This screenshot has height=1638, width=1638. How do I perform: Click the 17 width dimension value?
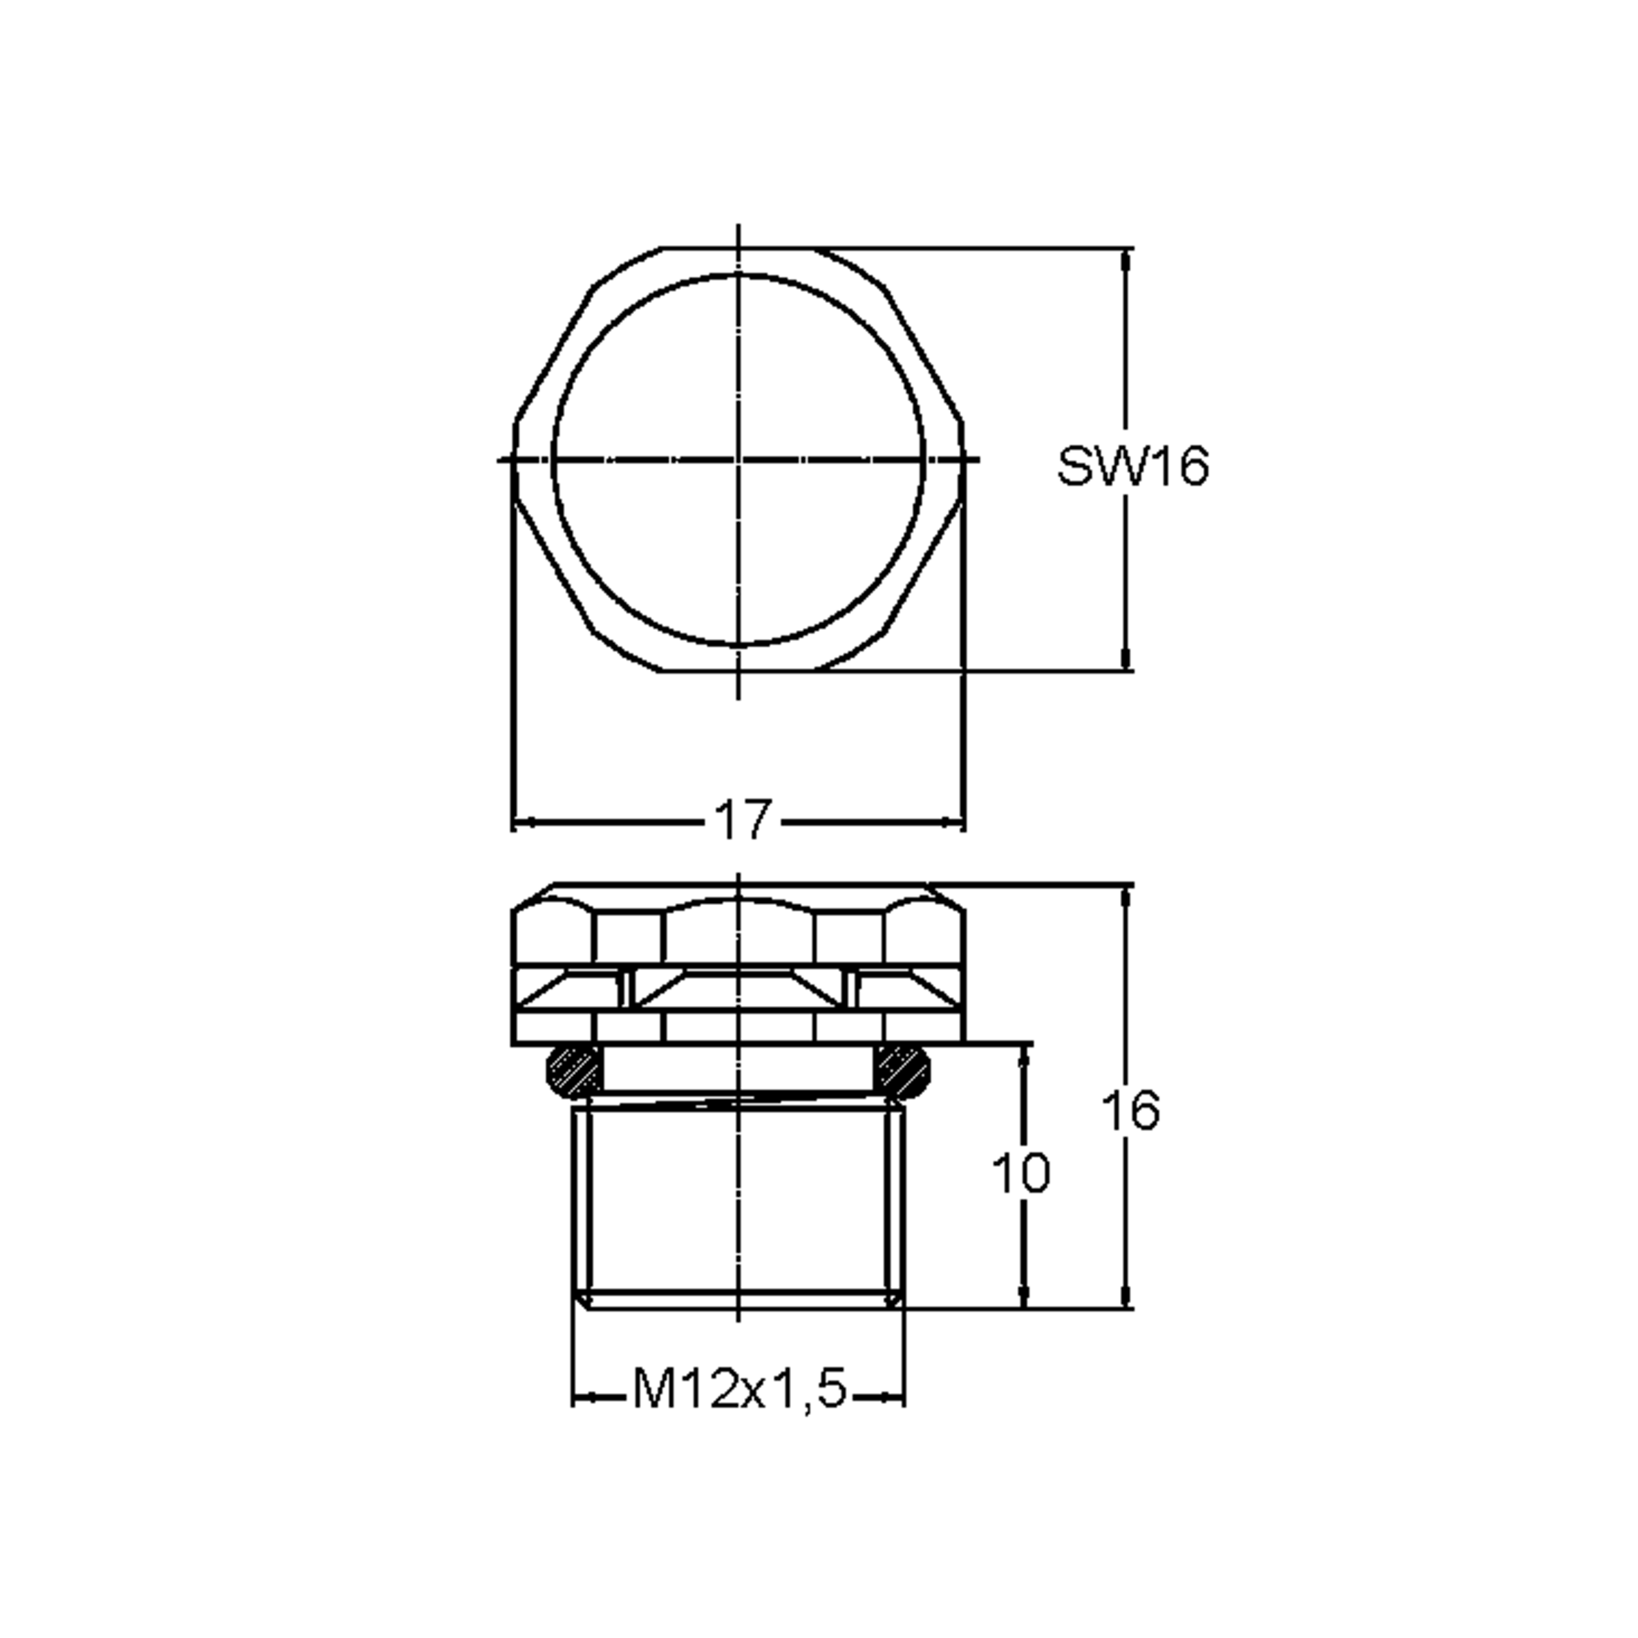pyautogui.click(x=743, y=820)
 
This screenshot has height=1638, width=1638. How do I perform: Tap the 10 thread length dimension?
pyautogui.click(x=1021, y=1174)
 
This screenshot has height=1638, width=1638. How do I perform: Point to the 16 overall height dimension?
pyautogui.click(x=1130, y=1110)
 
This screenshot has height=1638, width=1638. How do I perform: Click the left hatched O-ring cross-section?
pyautogui.click(x=573, y=1071)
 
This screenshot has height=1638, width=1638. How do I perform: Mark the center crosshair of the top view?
pyautogui.click(x=738, y=459)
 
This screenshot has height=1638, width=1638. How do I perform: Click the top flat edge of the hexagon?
pyautogui.click(x=738, y=248)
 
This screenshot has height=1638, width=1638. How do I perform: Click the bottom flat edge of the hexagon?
pyautogui.click(x=738, y=671)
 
